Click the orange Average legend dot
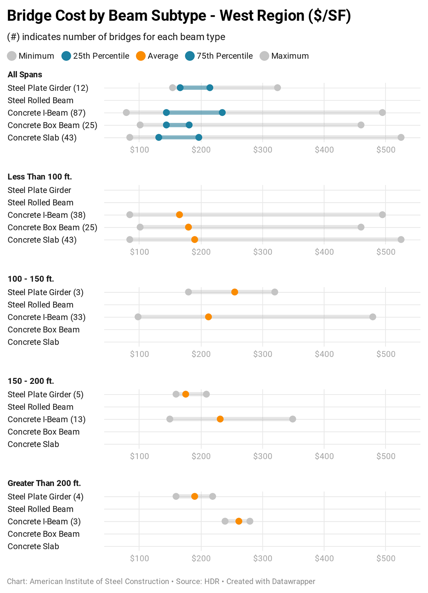141,56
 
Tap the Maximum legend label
290,56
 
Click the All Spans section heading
25,74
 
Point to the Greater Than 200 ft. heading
44,483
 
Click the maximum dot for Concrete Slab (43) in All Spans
401,138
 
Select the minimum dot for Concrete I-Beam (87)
126,113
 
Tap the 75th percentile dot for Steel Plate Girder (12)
210,88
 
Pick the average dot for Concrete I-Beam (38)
179,215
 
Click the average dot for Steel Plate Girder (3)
234,292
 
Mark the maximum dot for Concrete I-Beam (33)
373,317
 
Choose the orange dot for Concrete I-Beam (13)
220,419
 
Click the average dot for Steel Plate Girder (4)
195,496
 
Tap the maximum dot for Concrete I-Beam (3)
250,521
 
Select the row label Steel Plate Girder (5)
45,395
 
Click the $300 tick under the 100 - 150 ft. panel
263,354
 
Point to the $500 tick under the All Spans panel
386,150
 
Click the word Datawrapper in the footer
293,582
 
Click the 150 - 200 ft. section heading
31,381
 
